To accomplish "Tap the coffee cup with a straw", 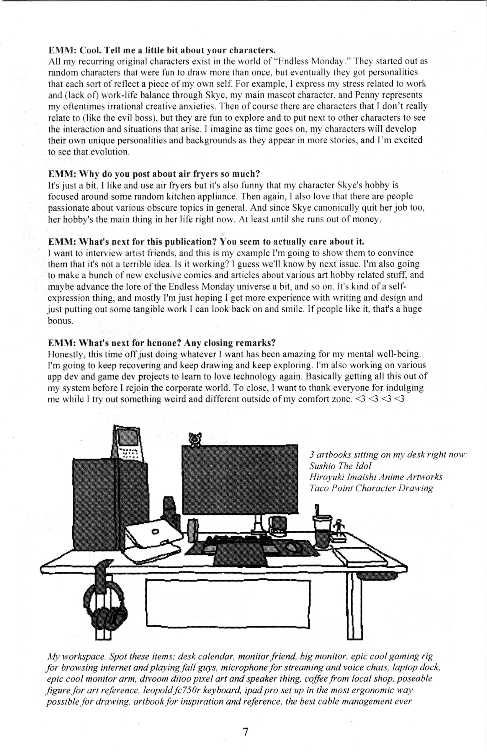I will click(x=322, y=533).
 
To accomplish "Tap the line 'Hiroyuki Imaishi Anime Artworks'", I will click(x=376, y=477).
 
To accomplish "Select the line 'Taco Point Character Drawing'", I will click(x=371, y=488).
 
